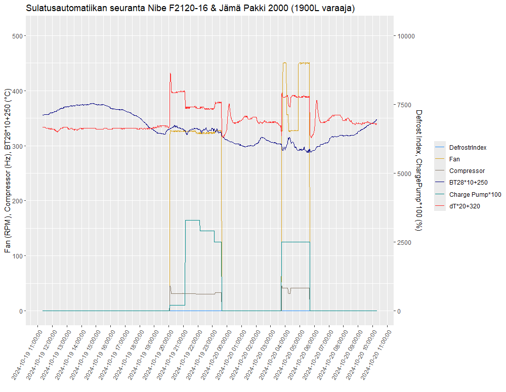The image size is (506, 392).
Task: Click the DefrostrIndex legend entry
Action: click(468, 147)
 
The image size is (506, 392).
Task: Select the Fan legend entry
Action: click(454, 159)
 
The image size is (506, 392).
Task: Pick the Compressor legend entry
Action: click(467, 171)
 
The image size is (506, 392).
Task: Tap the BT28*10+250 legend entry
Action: click(468, 183)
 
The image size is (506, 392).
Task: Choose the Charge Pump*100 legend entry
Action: click(475, 194)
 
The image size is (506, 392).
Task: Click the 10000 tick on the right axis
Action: click(406, 36)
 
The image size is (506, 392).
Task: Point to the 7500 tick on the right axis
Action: click(404, 105)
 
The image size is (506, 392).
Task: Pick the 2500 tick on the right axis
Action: click(404, 242)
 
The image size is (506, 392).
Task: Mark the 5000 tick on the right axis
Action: click(404, 173)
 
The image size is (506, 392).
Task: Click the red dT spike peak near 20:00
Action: click(170, 73)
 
